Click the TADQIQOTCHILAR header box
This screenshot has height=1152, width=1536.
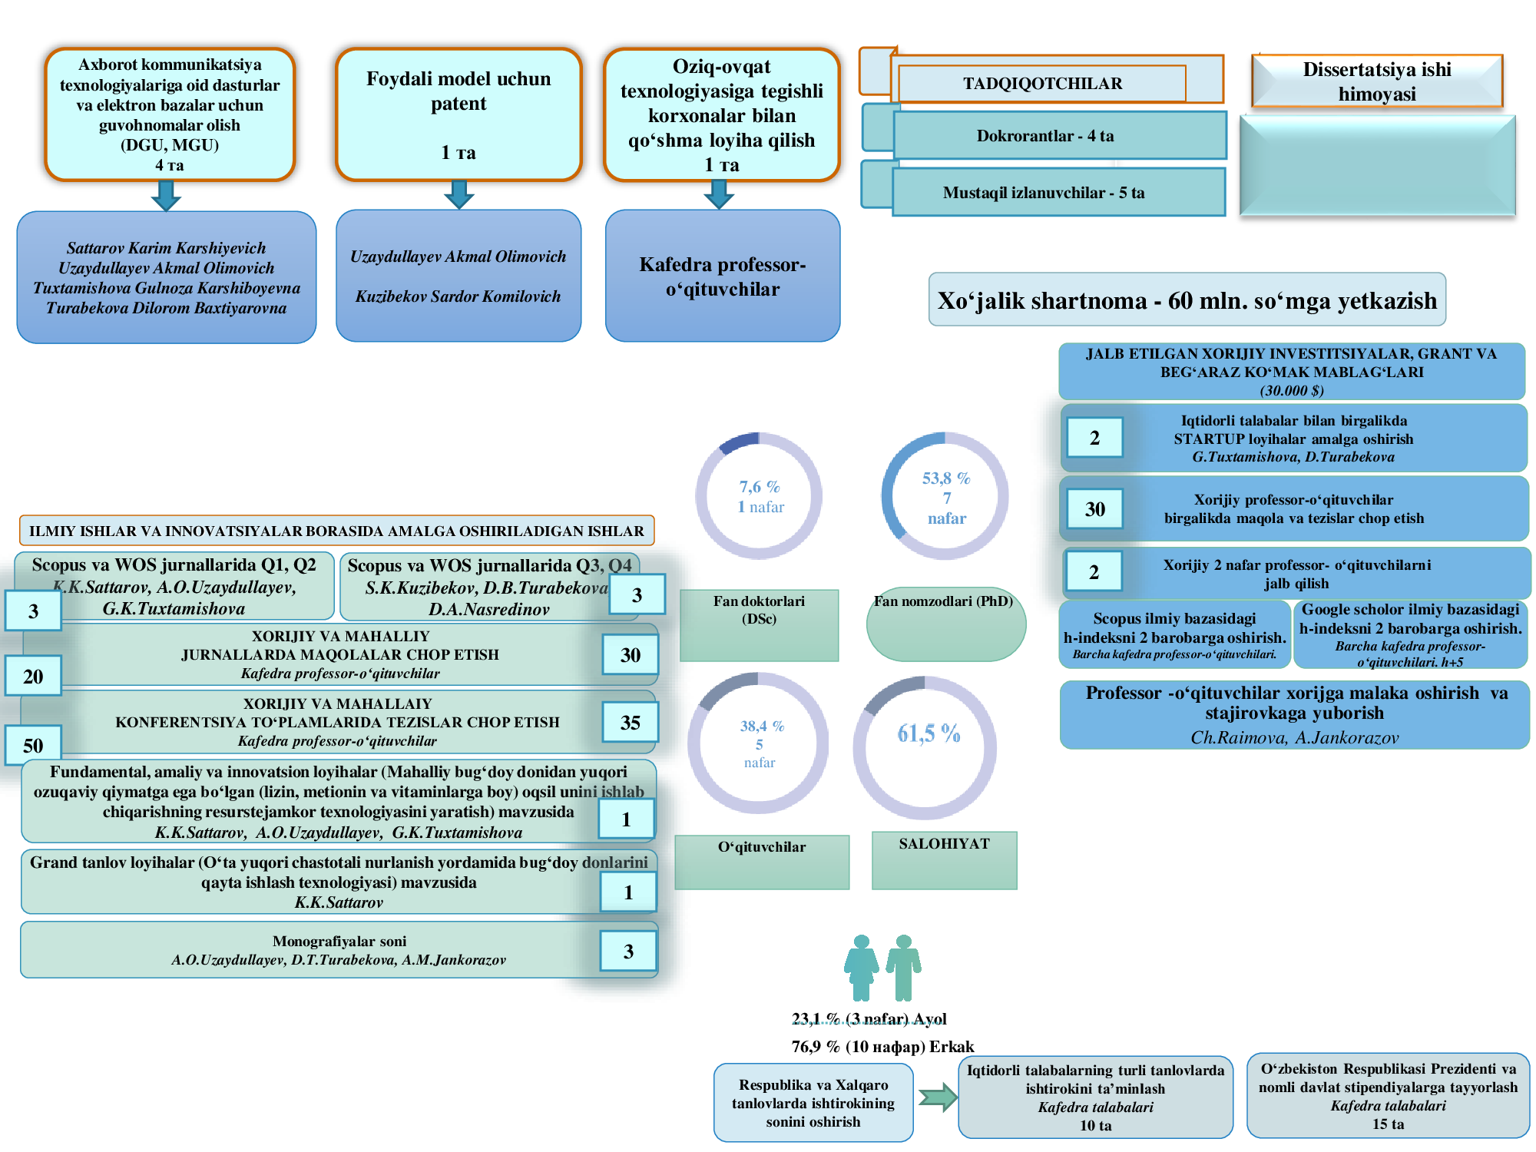coord(1042,83)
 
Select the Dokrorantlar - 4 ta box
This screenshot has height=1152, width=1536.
coord(1059,136)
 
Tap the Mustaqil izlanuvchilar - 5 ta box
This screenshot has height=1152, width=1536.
coord(1058,192)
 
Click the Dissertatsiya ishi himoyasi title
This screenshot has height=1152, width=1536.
coord(1377,81)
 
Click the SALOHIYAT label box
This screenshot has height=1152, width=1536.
coord(945,860)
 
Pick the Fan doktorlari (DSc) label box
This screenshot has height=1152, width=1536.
coord(759,625)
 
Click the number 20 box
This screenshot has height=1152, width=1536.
coord(33,676)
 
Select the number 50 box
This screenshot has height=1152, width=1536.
coord(33,745)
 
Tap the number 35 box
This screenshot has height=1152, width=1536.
coord(630,722)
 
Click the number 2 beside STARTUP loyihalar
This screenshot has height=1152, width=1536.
coord(1094,438)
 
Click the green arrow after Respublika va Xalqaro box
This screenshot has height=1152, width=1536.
coord(938,1097)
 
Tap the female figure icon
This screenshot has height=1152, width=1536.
coord(861,968)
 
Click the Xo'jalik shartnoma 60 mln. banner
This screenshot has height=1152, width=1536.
coord(1187,300)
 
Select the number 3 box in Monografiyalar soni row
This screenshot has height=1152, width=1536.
coord(628,951)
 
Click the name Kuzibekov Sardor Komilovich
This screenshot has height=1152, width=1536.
coord(458,296)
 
